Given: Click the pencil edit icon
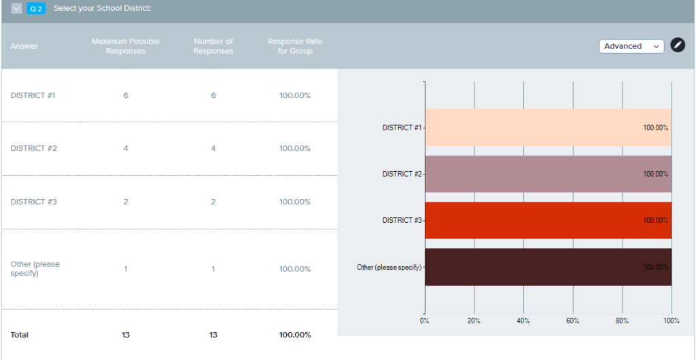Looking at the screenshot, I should point(678,46).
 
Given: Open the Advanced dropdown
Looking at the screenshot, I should point(631,46).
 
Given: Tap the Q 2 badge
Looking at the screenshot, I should point(36,8).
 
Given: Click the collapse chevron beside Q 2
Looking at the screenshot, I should point(17,8).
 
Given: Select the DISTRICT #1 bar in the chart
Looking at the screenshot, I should point(548,128).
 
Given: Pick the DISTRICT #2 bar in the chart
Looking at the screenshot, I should point(548,174).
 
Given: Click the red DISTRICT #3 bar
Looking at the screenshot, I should point(548,220).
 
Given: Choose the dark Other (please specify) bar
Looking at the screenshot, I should point(548,267).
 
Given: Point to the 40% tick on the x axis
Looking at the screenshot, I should point(523,320).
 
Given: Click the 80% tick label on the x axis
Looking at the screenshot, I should point(622,320).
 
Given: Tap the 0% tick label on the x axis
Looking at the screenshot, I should point(425,320).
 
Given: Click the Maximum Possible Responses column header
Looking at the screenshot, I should point(126,46).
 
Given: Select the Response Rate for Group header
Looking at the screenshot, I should point(295,46).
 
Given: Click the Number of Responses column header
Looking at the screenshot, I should point(213,46).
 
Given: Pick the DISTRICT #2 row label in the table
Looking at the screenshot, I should point(33,148).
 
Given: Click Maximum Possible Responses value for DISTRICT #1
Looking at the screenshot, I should point(126,95).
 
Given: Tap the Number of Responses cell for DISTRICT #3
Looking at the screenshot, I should point(213,202).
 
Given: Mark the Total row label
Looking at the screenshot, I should point(20,335).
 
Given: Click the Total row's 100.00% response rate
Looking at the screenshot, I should point(295,335).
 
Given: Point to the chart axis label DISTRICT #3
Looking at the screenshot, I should point(402,220).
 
